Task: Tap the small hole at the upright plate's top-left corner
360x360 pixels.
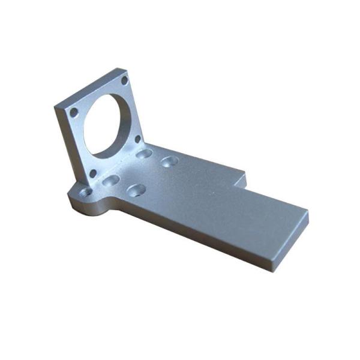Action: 73,112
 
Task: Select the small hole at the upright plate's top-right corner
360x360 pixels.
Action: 124,80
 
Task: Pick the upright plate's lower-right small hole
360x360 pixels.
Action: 138,140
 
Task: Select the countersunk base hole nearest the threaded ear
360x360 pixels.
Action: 110,180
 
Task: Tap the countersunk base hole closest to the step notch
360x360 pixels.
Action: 170,161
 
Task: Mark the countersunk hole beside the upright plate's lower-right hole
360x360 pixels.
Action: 143,154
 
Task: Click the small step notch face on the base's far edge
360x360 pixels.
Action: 240,179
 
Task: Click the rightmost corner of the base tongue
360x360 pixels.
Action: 308,211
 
